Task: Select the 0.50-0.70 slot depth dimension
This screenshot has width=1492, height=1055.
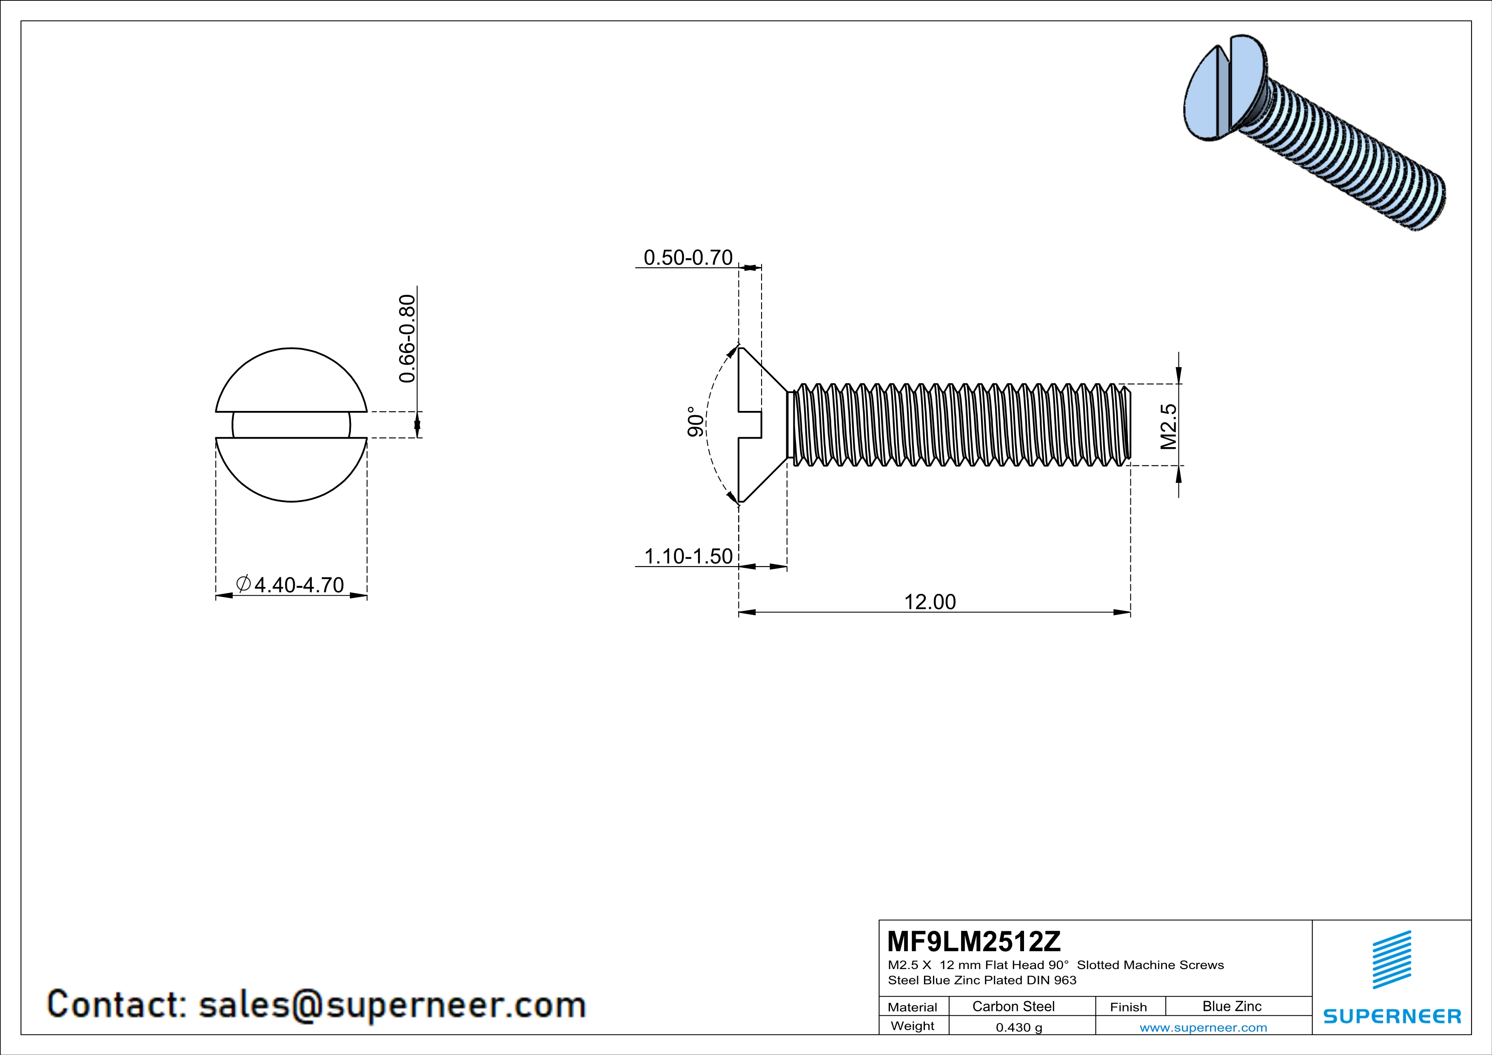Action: click(688, 257)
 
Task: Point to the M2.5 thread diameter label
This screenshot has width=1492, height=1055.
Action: click(1168, 426)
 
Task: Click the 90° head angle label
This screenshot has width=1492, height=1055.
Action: click(695, 422)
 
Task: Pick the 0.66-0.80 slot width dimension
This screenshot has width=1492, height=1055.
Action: click(407, 339)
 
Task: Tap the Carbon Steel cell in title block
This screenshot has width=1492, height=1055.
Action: click(1013, 1006)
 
